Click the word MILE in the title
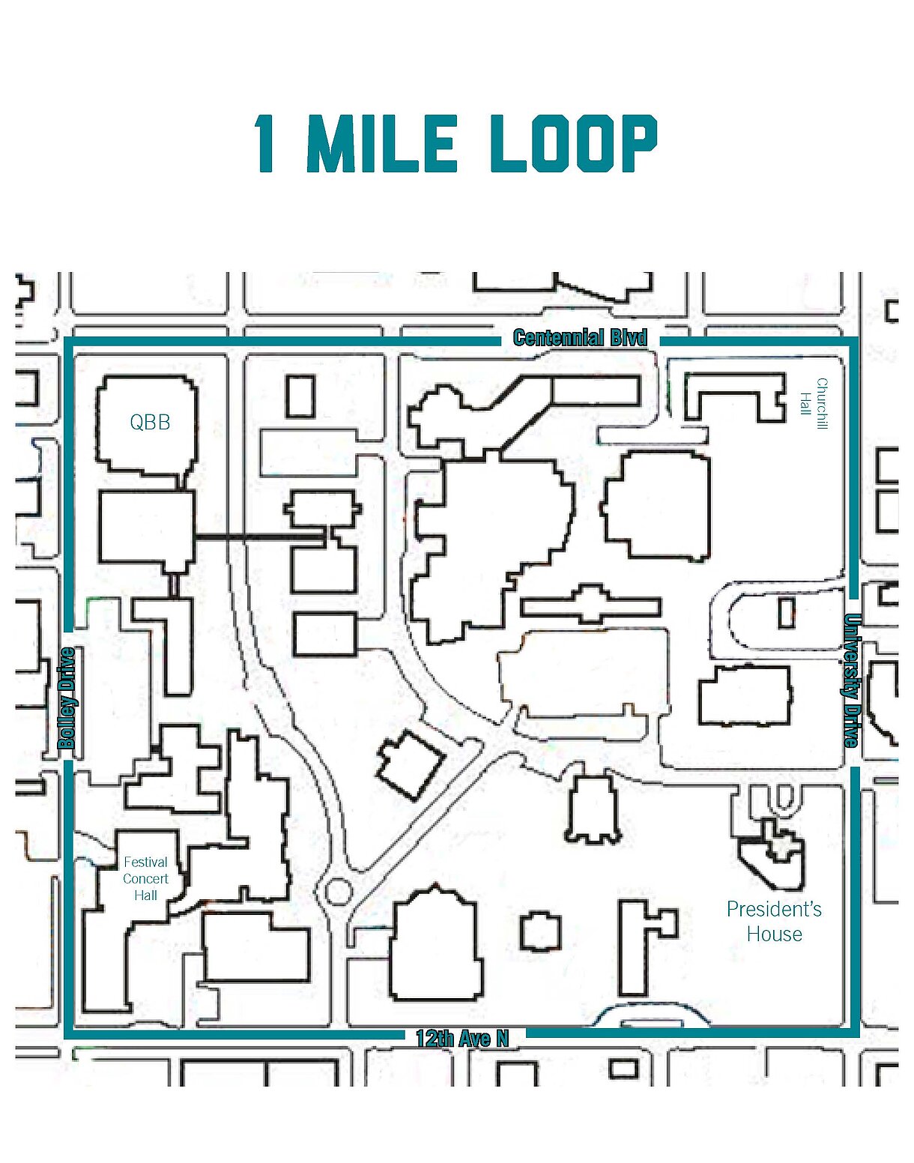[382, 143]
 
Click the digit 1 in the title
[266, 143]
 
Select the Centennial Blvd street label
[580, 338]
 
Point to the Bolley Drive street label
[67, 698]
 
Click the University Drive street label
[852, 680]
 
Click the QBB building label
[150, 422]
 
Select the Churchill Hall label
[814, 404]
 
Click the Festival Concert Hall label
[145, 879]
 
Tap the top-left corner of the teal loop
[69, 341]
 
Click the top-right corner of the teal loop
[855, 341]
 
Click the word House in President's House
[775, 934]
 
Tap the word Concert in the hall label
[145, 879]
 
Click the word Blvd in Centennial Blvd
[628, 338]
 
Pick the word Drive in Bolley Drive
[67, 671]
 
